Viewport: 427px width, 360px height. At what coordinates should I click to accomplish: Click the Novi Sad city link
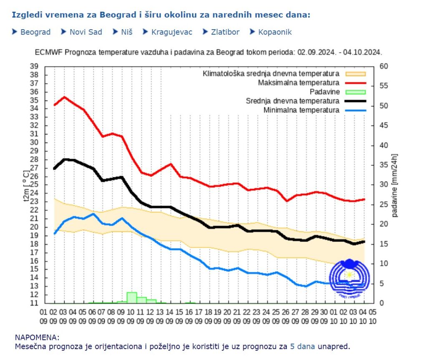point(85,32)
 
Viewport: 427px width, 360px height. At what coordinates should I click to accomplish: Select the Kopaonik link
point(275,32)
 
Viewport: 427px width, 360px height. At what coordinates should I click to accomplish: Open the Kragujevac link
point(172,32)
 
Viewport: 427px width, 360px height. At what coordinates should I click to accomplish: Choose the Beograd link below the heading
point(35,32)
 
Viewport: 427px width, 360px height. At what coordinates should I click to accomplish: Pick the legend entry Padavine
point(325,92)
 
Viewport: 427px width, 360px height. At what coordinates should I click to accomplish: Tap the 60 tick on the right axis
point(384,66)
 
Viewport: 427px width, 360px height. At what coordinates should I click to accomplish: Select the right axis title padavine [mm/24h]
point(395,185)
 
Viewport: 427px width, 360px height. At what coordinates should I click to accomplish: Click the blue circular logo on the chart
point(349,276)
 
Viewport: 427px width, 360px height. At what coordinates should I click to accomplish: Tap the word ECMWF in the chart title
point(47,53)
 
